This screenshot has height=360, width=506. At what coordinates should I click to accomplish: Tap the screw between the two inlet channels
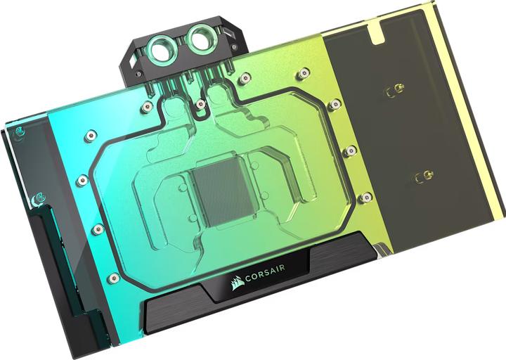click(201, 103)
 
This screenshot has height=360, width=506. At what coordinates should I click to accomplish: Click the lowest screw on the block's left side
click(112, 278)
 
